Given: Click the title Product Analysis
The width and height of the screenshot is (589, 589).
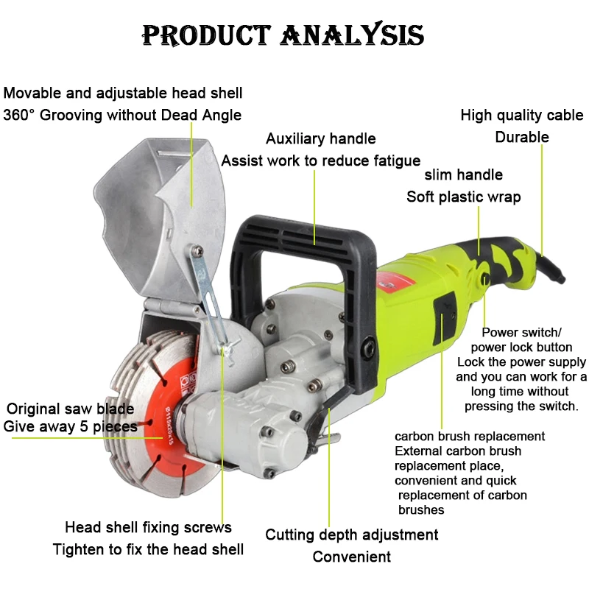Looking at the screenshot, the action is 283,35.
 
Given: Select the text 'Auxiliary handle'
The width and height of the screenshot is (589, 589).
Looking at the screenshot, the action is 320,138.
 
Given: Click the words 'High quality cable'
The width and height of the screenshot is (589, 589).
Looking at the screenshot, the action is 521,115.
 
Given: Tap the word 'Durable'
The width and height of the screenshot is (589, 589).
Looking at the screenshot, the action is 521,137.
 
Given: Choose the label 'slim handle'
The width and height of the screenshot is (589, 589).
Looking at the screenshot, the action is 463,174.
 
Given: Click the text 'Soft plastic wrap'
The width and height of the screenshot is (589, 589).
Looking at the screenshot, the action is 463,197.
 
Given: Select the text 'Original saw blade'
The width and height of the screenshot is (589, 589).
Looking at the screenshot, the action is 70,409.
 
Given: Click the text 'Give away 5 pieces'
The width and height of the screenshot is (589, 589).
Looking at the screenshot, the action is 70,426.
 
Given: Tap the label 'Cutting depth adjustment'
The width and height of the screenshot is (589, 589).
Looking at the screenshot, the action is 351,535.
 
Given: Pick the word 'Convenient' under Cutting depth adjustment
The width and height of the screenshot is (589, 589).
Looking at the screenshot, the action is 351,557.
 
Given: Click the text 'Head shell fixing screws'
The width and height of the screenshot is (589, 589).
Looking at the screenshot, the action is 148,527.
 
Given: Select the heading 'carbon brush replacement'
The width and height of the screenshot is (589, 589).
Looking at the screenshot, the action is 470,437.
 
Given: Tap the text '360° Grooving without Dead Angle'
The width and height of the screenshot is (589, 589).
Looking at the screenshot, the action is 122,115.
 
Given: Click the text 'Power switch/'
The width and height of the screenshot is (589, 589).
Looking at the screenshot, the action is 521,333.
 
